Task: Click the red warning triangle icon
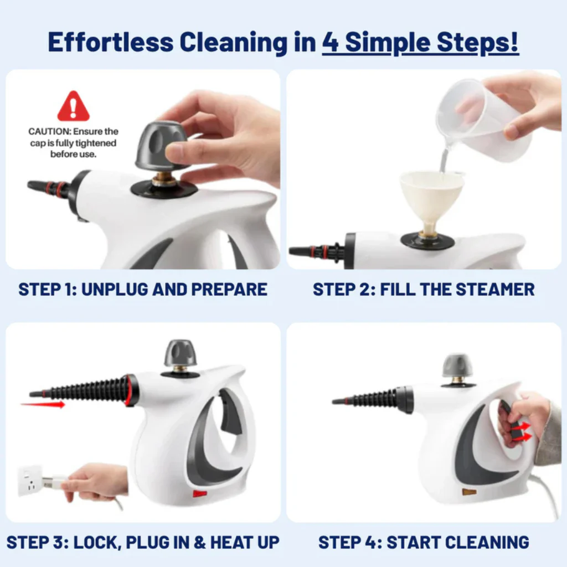tap(73, 107)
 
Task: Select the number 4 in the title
tap(330, 43)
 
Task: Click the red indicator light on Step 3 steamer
tap(200, 493)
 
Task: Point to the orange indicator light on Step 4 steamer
tap(469, 491)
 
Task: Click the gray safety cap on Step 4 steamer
tap(457, 365)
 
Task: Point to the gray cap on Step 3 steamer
tap(180, 353)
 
